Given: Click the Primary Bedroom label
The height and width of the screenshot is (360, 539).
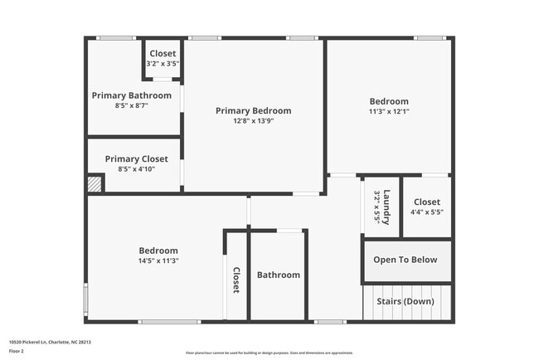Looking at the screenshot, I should (x=253, y=110).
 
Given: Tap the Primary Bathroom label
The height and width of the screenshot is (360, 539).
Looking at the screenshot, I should (x=132, y=95).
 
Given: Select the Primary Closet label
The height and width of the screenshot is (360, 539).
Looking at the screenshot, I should (x=136, y=158).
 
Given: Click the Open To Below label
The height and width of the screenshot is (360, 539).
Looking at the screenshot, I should (x=405, y=260).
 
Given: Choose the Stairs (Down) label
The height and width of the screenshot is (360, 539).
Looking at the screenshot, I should (x=405, y=301).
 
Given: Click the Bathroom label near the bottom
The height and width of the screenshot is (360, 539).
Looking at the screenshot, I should (x=278, y=275).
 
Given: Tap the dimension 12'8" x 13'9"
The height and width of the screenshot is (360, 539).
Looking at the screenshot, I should (x=253, y=121).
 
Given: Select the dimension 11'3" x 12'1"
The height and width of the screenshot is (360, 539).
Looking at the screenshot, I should (x=389, y=112).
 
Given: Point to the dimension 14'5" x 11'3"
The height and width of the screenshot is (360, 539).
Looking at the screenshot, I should (x=158, y=260).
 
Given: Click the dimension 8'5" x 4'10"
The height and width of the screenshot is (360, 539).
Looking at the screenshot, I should (x=136, y=169).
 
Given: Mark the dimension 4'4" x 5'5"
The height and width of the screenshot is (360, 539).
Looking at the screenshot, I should (x=426, y=212).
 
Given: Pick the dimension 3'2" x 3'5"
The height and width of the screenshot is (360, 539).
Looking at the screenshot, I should (x=163, y=64).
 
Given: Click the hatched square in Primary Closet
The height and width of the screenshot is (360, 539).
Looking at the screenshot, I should (x=96, y=182).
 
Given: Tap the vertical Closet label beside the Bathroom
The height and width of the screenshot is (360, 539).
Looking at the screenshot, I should (x=236, y=280).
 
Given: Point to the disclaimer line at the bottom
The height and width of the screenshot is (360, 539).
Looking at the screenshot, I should (x=269, y=353).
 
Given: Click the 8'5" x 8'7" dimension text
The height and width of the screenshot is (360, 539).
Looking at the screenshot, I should (x=132, y=105).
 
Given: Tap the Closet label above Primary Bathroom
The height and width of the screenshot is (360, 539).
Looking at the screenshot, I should (x=163, y=54).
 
